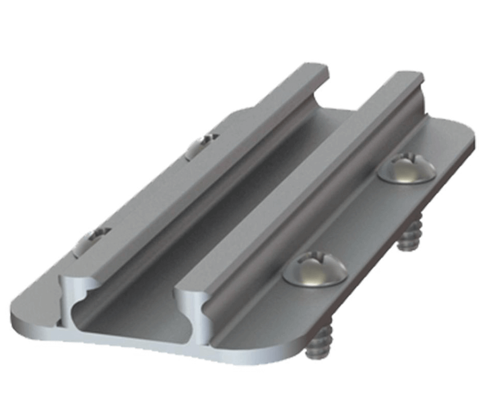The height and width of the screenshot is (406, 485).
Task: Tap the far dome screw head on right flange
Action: click(407, 168)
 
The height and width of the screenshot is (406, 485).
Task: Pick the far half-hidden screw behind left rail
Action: click(201, 145)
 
